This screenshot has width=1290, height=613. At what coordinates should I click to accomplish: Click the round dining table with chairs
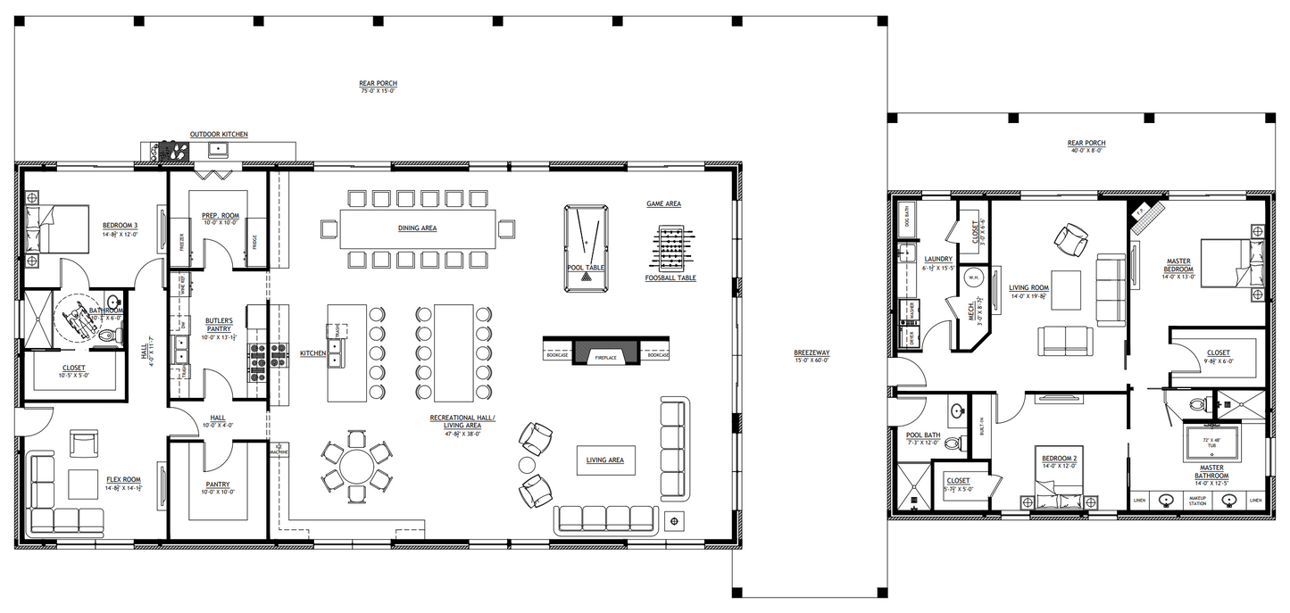[x=356, y=467]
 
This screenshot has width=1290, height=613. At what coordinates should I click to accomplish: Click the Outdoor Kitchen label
[x=219, y=135]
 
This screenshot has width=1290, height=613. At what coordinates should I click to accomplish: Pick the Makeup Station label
[x=1198, y=501]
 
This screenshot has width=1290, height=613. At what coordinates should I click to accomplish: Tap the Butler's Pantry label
[x=219, y=324]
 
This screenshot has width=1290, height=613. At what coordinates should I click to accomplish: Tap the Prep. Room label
[x=218, y=214]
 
